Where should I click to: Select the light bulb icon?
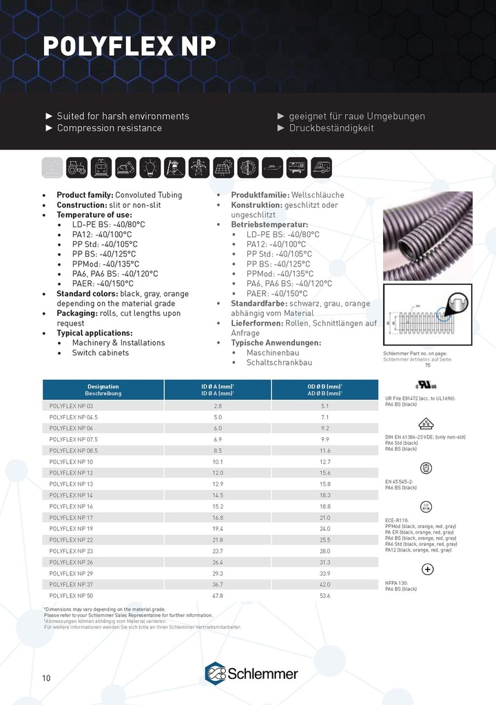tap(149, 167)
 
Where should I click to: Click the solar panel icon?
tap(223, 167)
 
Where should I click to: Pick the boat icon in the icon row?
tap(273, 167)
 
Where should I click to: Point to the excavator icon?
tap(125, 167)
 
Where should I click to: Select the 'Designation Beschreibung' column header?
tap(103, 390)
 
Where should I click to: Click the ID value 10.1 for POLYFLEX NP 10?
tap(218, 461)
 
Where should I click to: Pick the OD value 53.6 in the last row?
tap(326, 595)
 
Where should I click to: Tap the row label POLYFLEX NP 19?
tap(71, 528)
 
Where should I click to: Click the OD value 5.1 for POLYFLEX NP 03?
tap(326, 406)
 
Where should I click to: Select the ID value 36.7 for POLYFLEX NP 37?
tap(218, 584)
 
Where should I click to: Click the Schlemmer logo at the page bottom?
tap(251, 673)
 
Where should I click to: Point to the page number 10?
tap(46, 678)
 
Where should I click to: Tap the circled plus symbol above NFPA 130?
tap(427, 569)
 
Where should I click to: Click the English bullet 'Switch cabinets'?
tap(100, 352)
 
